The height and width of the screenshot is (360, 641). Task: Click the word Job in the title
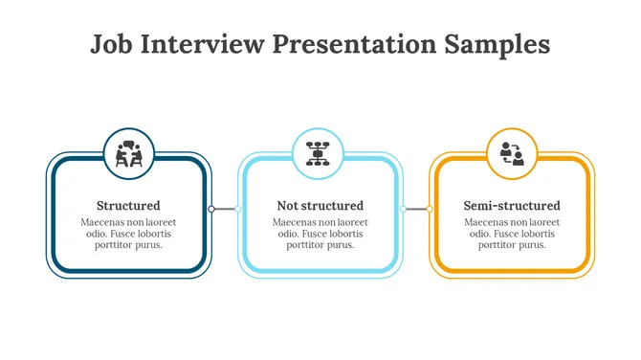[111, 45]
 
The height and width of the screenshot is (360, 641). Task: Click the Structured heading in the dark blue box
[128, 206]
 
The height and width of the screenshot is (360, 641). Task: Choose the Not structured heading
[320, 206]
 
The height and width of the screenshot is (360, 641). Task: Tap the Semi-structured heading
[512, 206]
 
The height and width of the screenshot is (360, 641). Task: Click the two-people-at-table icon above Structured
[129, 153]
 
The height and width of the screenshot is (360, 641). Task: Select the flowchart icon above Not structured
[319, 153]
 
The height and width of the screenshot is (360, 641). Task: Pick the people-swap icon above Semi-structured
[512, 153]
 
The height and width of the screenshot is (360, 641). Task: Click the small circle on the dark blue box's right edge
[211, 209]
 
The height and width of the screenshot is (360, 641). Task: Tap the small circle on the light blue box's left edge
[238, 209]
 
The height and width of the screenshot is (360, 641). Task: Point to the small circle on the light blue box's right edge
[403, 209]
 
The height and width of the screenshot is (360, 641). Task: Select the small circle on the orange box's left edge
[430, 209]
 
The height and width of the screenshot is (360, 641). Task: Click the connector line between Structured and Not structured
[225, 209]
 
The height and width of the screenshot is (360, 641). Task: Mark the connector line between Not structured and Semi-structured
[416, 209]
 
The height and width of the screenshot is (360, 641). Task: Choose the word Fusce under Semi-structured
[505, 234]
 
